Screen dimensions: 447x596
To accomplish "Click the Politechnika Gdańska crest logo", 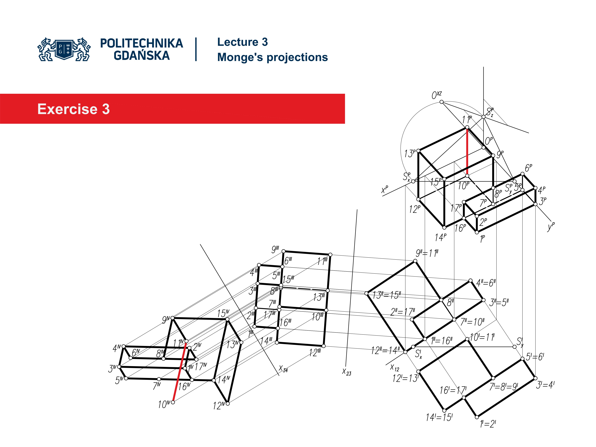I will click(64, 49).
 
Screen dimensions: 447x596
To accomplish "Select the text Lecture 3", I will click(242, 42).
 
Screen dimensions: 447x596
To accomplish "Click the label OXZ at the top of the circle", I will click(436, 95).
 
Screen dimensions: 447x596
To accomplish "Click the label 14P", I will click(440, 237).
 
